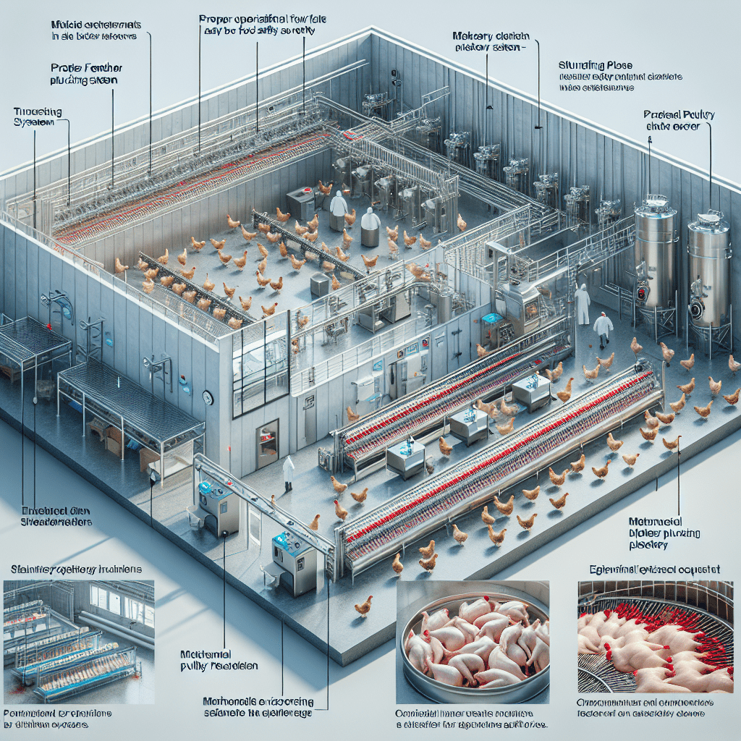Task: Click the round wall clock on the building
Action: [x=208, y=397]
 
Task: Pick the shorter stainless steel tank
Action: [x=708, y=272]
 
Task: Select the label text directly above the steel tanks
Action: [x=674, y=120]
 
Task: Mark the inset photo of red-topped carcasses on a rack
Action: [x=654, y=638]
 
